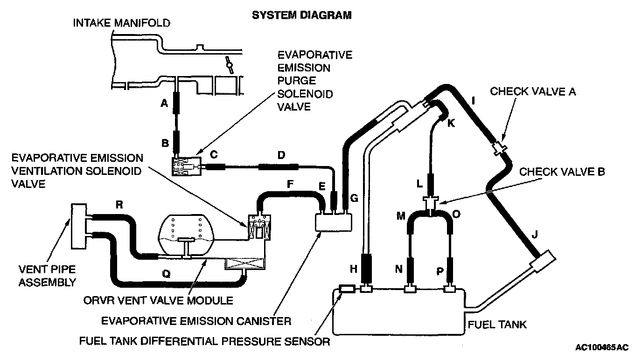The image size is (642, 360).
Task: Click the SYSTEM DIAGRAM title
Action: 301,15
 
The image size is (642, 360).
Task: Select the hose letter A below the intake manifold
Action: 164,104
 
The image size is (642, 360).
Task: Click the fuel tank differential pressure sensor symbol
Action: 347,290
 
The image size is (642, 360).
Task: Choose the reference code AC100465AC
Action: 602,347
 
